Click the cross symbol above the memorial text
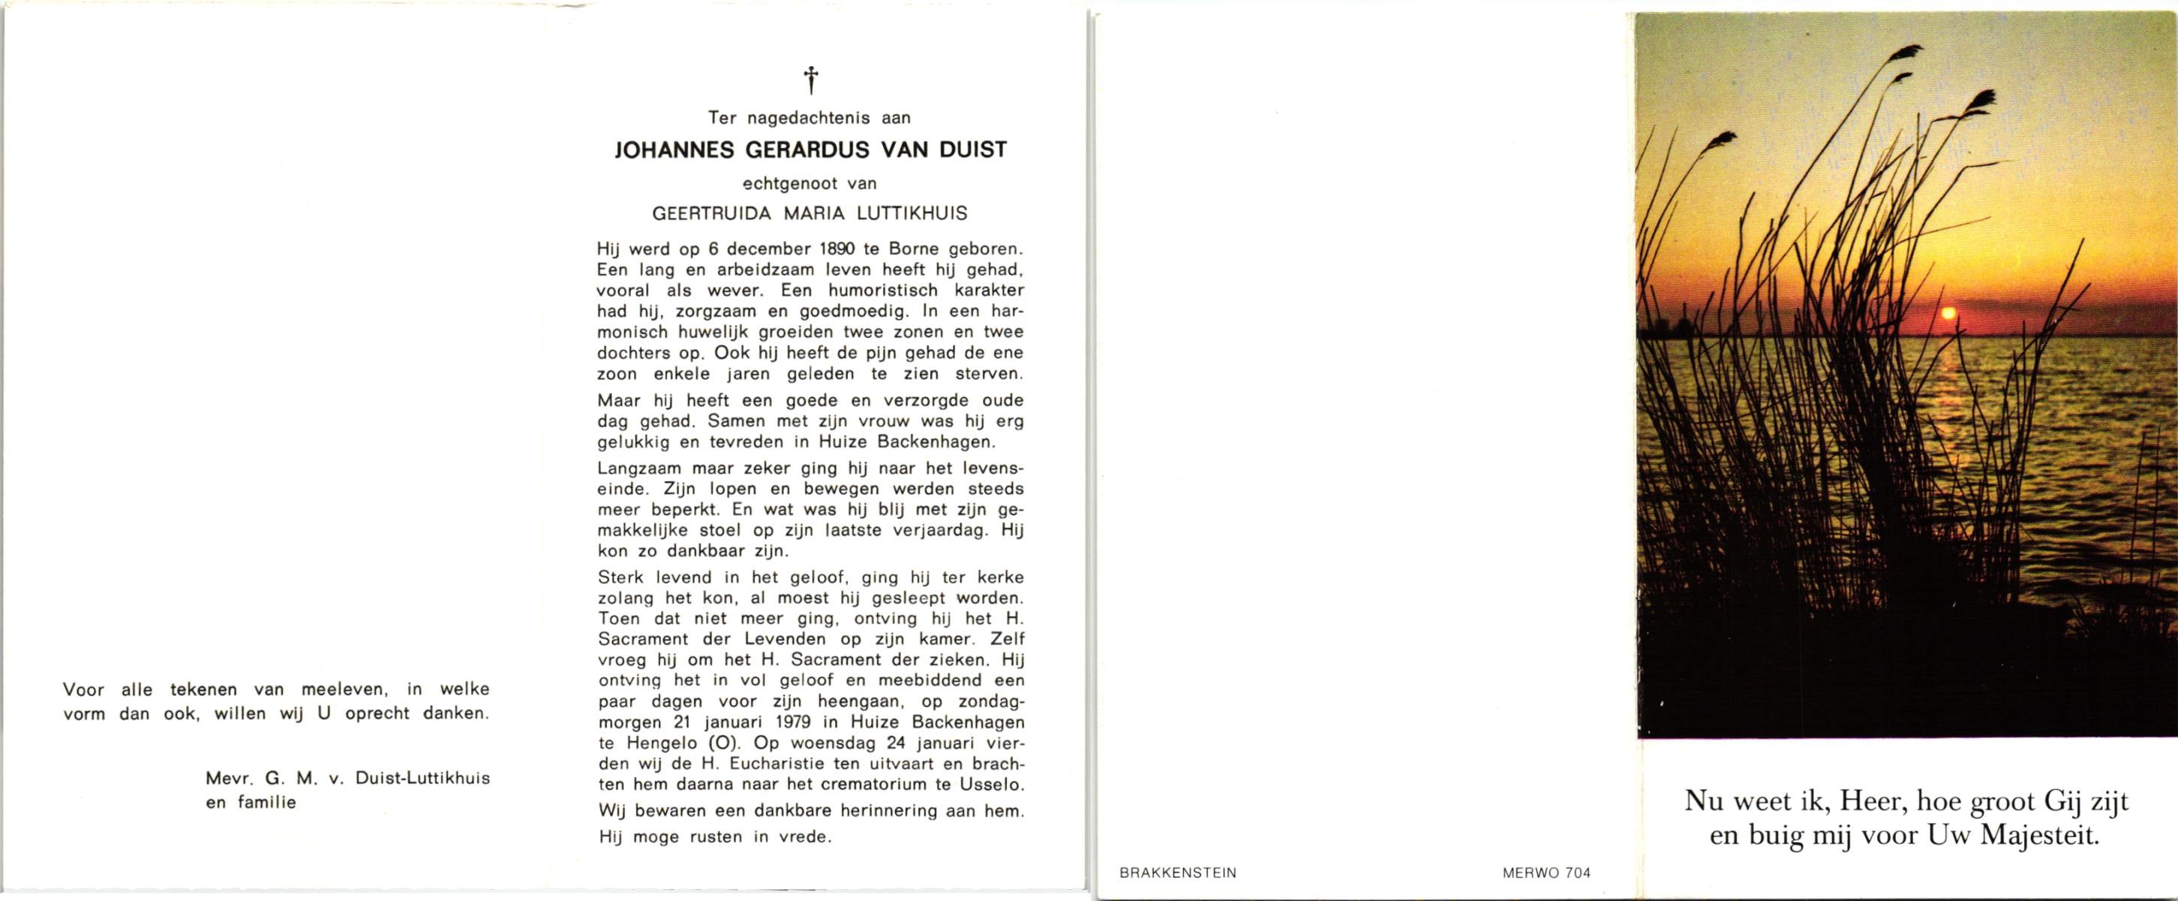811,80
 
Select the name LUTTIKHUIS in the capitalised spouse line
913,213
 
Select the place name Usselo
999,785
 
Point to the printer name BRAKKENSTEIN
1178,873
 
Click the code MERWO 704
1546,873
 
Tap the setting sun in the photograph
1947,314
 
